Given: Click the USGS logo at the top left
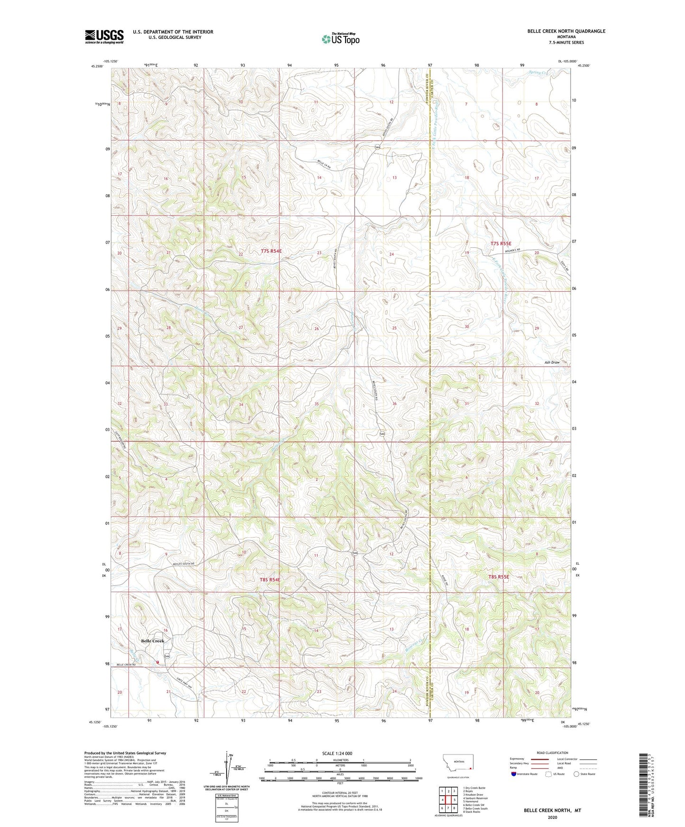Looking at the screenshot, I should click(104, 36).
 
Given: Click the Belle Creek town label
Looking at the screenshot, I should click(153, 641).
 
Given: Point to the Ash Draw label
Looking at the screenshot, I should click(552, 362).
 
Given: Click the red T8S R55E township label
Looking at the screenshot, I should click(499, 577).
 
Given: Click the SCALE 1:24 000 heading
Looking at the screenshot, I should click(337, 753).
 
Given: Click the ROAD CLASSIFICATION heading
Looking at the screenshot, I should click(552, 753).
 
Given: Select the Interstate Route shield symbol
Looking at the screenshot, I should click(514, 774).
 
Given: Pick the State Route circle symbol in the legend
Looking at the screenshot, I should click(576, 774).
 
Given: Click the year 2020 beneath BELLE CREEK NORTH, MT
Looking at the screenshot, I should click(552, 817).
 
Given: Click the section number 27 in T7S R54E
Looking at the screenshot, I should click(241, 328).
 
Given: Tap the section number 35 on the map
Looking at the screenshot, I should click(317, 404).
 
